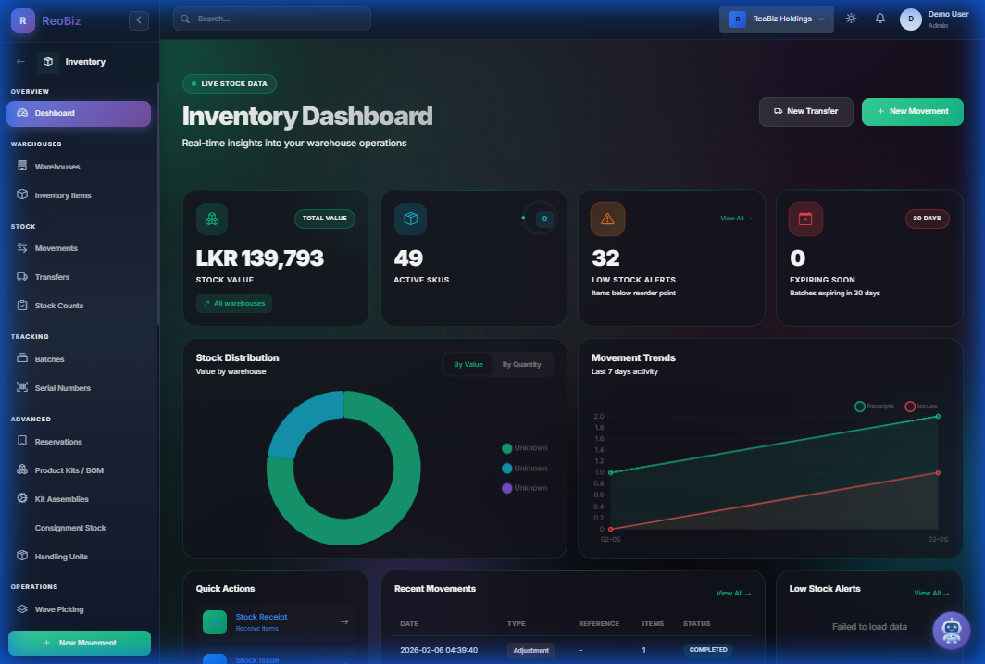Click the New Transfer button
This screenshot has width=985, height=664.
point(805,111)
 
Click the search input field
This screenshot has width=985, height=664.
point(272,19)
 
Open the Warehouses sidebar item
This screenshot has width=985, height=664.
point(57,167)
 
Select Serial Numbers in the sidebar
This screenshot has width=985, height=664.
point(62,388)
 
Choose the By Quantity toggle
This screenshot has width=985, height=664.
point(521,365)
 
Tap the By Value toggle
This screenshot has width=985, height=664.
point(468,365)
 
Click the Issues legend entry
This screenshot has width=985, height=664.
point(922,407)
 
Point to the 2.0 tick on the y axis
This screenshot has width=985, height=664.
point(598,417)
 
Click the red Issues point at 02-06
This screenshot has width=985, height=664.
point(938,472)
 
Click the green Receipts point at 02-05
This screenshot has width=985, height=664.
point(611,472)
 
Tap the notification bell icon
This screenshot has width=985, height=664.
point(879,19)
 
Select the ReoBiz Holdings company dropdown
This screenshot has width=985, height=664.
point(776,19)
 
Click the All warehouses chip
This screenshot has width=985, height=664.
point(234,303)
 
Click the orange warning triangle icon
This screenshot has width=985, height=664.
point(607,219)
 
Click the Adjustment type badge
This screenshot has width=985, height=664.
point(531,650)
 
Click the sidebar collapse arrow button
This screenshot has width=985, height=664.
point(139,19)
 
